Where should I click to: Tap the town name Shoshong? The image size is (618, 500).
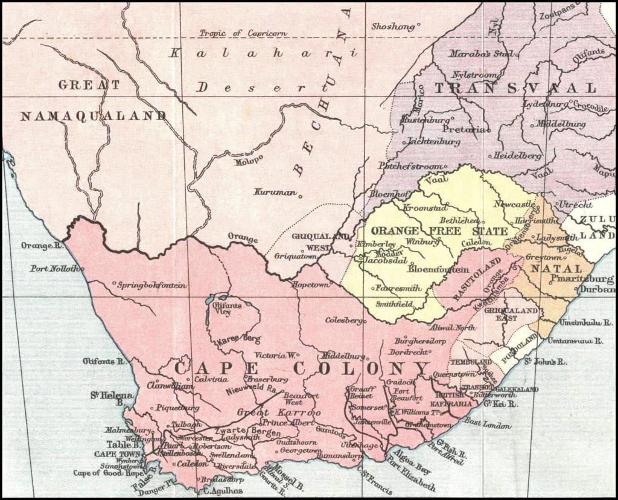pos(392,27)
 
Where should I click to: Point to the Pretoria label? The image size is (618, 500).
pos(463,129)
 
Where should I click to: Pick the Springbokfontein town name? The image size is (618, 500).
pos(153,284)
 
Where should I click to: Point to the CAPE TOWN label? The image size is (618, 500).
pos(118,454)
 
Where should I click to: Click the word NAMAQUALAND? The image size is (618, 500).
pos(93,116)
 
